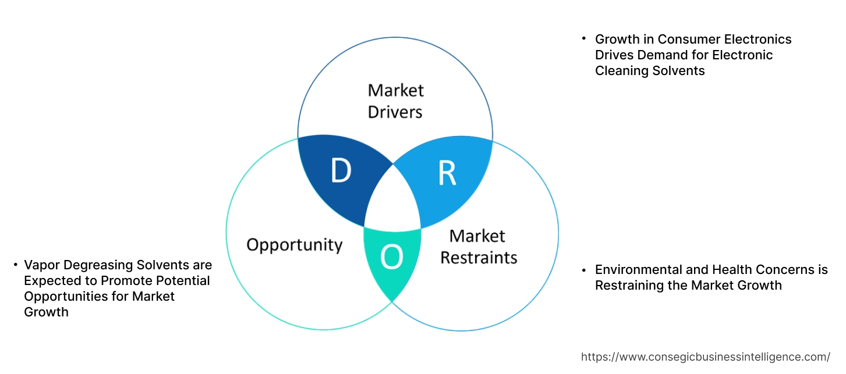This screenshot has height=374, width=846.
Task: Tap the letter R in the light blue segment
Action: (446, 173)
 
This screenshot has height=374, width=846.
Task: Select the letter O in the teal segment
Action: (392, 258)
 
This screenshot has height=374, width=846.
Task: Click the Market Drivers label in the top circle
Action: (395, 101)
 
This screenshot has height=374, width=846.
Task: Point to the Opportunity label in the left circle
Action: (294, 244)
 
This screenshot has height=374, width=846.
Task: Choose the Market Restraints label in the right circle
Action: (478, 247)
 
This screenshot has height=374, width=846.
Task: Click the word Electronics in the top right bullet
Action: (757, 40)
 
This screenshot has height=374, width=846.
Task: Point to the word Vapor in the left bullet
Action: (41, 265)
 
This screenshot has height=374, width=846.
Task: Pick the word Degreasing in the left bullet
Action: (94, 265)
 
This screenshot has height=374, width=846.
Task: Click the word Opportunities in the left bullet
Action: (59, 297)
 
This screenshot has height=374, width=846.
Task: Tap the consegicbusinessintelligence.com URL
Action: (706, 357)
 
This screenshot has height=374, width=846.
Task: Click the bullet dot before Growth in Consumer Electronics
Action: (584, 38)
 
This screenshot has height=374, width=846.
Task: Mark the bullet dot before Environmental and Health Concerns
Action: (584, 269)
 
